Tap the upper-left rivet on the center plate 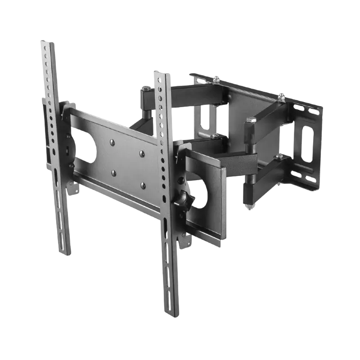[112, 142]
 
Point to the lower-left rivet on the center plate [112, 172]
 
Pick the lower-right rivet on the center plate [142, 184]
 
